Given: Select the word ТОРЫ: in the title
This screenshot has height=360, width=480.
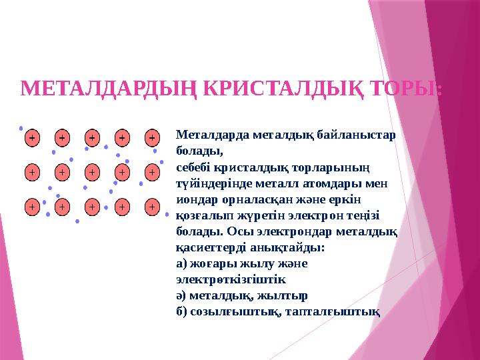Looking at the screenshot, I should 406,88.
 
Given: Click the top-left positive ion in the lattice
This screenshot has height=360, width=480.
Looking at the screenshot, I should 31,137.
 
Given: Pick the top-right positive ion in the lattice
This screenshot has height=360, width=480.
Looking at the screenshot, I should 152,137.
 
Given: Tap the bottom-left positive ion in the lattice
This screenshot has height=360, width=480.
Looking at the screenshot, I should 31,207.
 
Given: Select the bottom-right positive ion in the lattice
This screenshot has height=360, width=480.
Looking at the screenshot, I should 152,207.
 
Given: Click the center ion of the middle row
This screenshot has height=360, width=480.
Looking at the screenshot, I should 91,172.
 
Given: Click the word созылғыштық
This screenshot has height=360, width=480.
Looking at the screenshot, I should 230,311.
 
